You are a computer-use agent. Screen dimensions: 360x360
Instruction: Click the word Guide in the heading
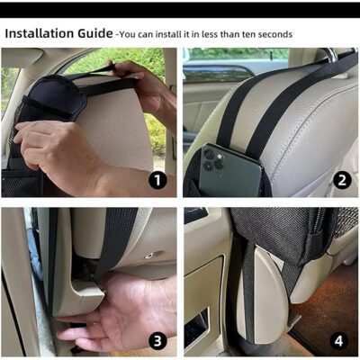(x=95, y=33)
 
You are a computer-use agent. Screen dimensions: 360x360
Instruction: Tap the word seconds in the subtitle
(x=275, y=34)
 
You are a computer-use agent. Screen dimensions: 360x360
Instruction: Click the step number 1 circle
(x=157, y=181)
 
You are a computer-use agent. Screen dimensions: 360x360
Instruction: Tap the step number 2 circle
(x=342, y=180)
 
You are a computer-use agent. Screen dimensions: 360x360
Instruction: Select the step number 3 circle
(x=157, y=341)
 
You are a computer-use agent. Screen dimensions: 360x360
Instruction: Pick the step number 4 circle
(x=339, y=341)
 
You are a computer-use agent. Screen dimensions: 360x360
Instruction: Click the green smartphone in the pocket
(x=231, y=171)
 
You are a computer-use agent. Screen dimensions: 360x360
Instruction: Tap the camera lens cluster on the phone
(x=213, y=160)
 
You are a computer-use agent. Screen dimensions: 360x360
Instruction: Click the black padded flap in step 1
(x=57, y=96)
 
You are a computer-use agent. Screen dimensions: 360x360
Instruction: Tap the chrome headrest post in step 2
(x=331, y=55)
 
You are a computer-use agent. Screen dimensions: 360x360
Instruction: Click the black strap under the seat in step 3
(x=115, y=240)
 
